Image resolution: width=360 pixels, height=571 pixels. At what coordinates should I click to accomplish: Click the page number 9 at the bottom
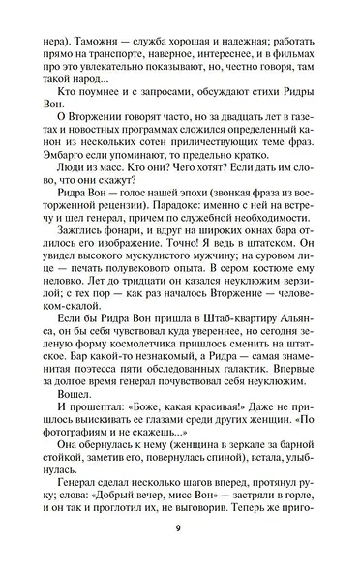pyautogui.click(x=179, y=555)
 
